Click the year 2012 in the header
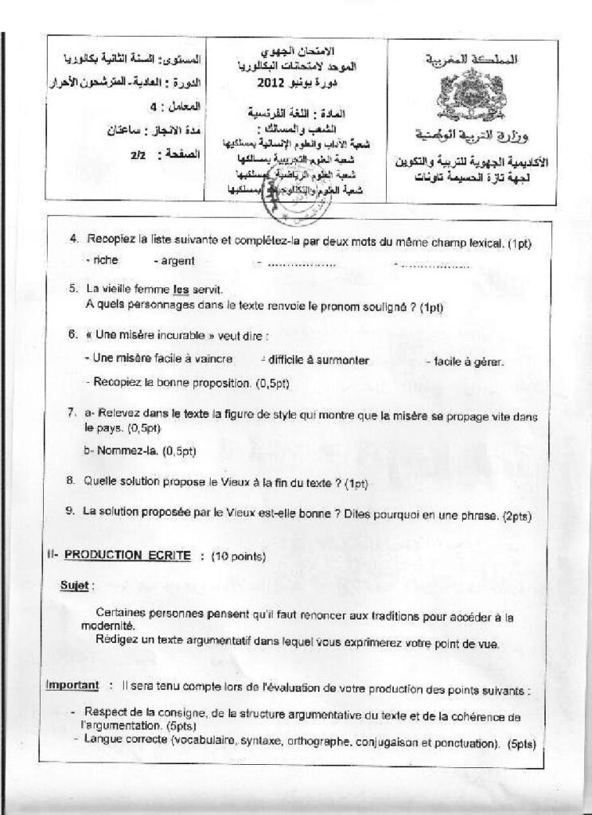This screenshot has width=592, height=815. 275,83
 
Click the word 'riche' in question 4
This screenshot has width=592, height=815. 105,260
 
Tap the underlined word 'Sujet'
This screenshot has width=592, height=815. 76,585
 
